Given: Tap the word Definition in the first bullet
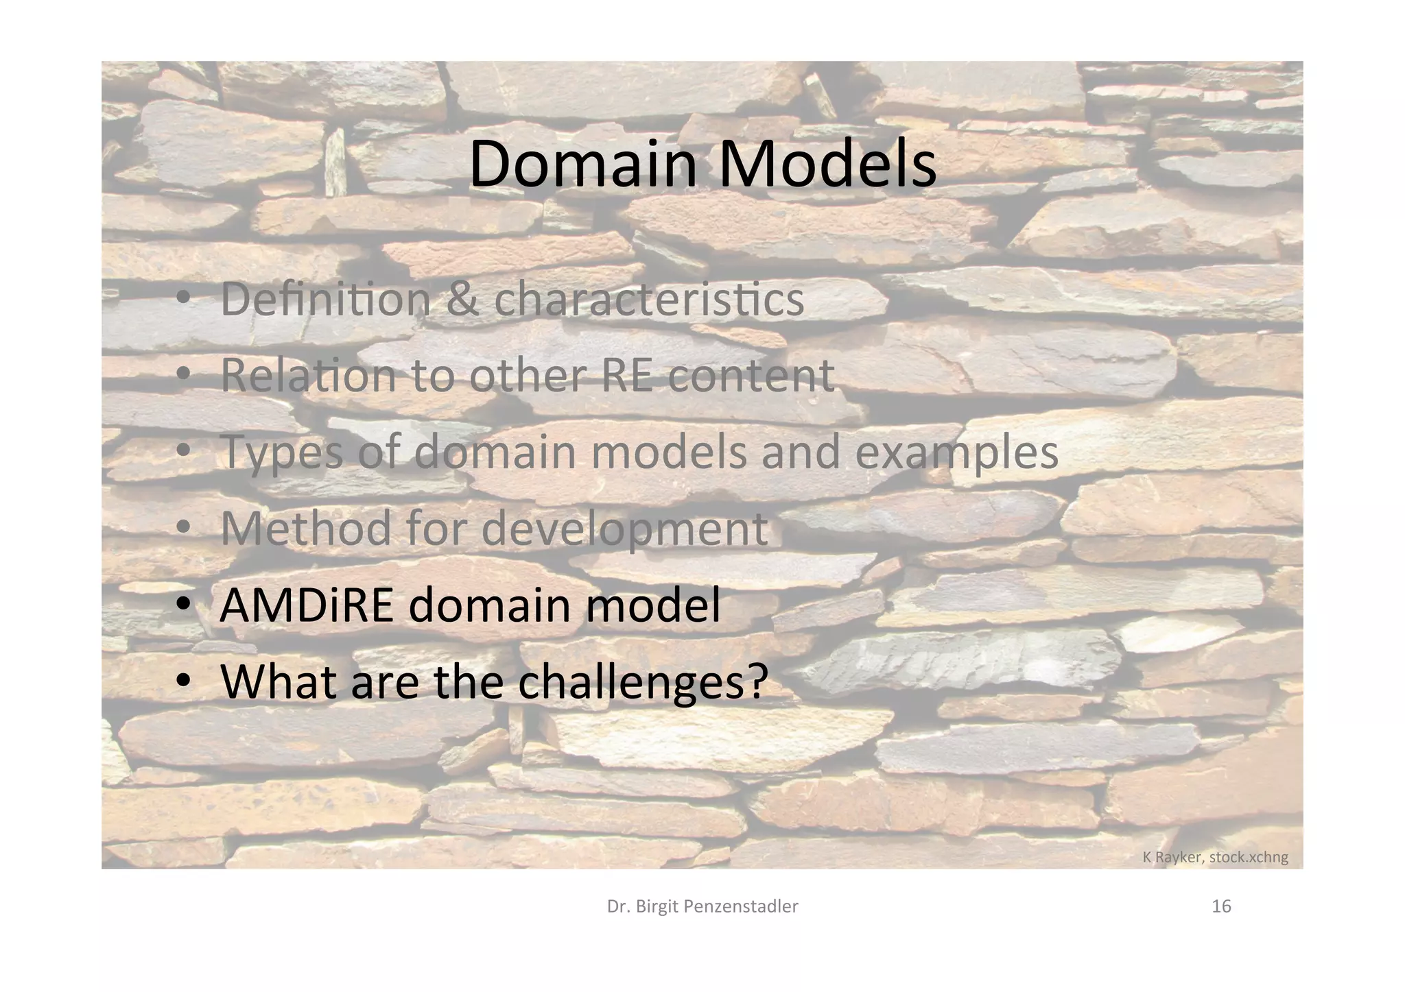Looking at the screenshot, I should coord(325,299).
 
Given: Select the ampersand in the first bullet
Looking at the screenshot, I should coord(462,300).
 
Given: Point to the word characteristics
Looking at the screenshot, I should coord(648,300).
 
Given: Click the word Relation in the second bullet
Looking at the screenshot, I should coord(309,375).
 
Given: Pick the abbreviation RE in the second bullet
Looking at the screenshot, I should coord(626,375).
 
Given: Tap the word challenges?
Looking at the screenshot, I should coord(643,681).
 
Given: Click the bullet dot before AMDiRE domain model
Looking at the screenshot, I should coord(183,605).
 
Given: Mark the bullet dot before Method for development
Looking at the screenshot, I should coord(183,529).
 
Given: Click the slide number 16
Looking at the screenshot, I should coord(1221,907).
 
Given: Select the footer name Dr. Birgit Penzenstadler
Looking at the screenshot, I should coord(702,907).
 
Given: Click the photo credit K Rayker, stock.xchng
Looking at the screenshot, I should coord(1215,857).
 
